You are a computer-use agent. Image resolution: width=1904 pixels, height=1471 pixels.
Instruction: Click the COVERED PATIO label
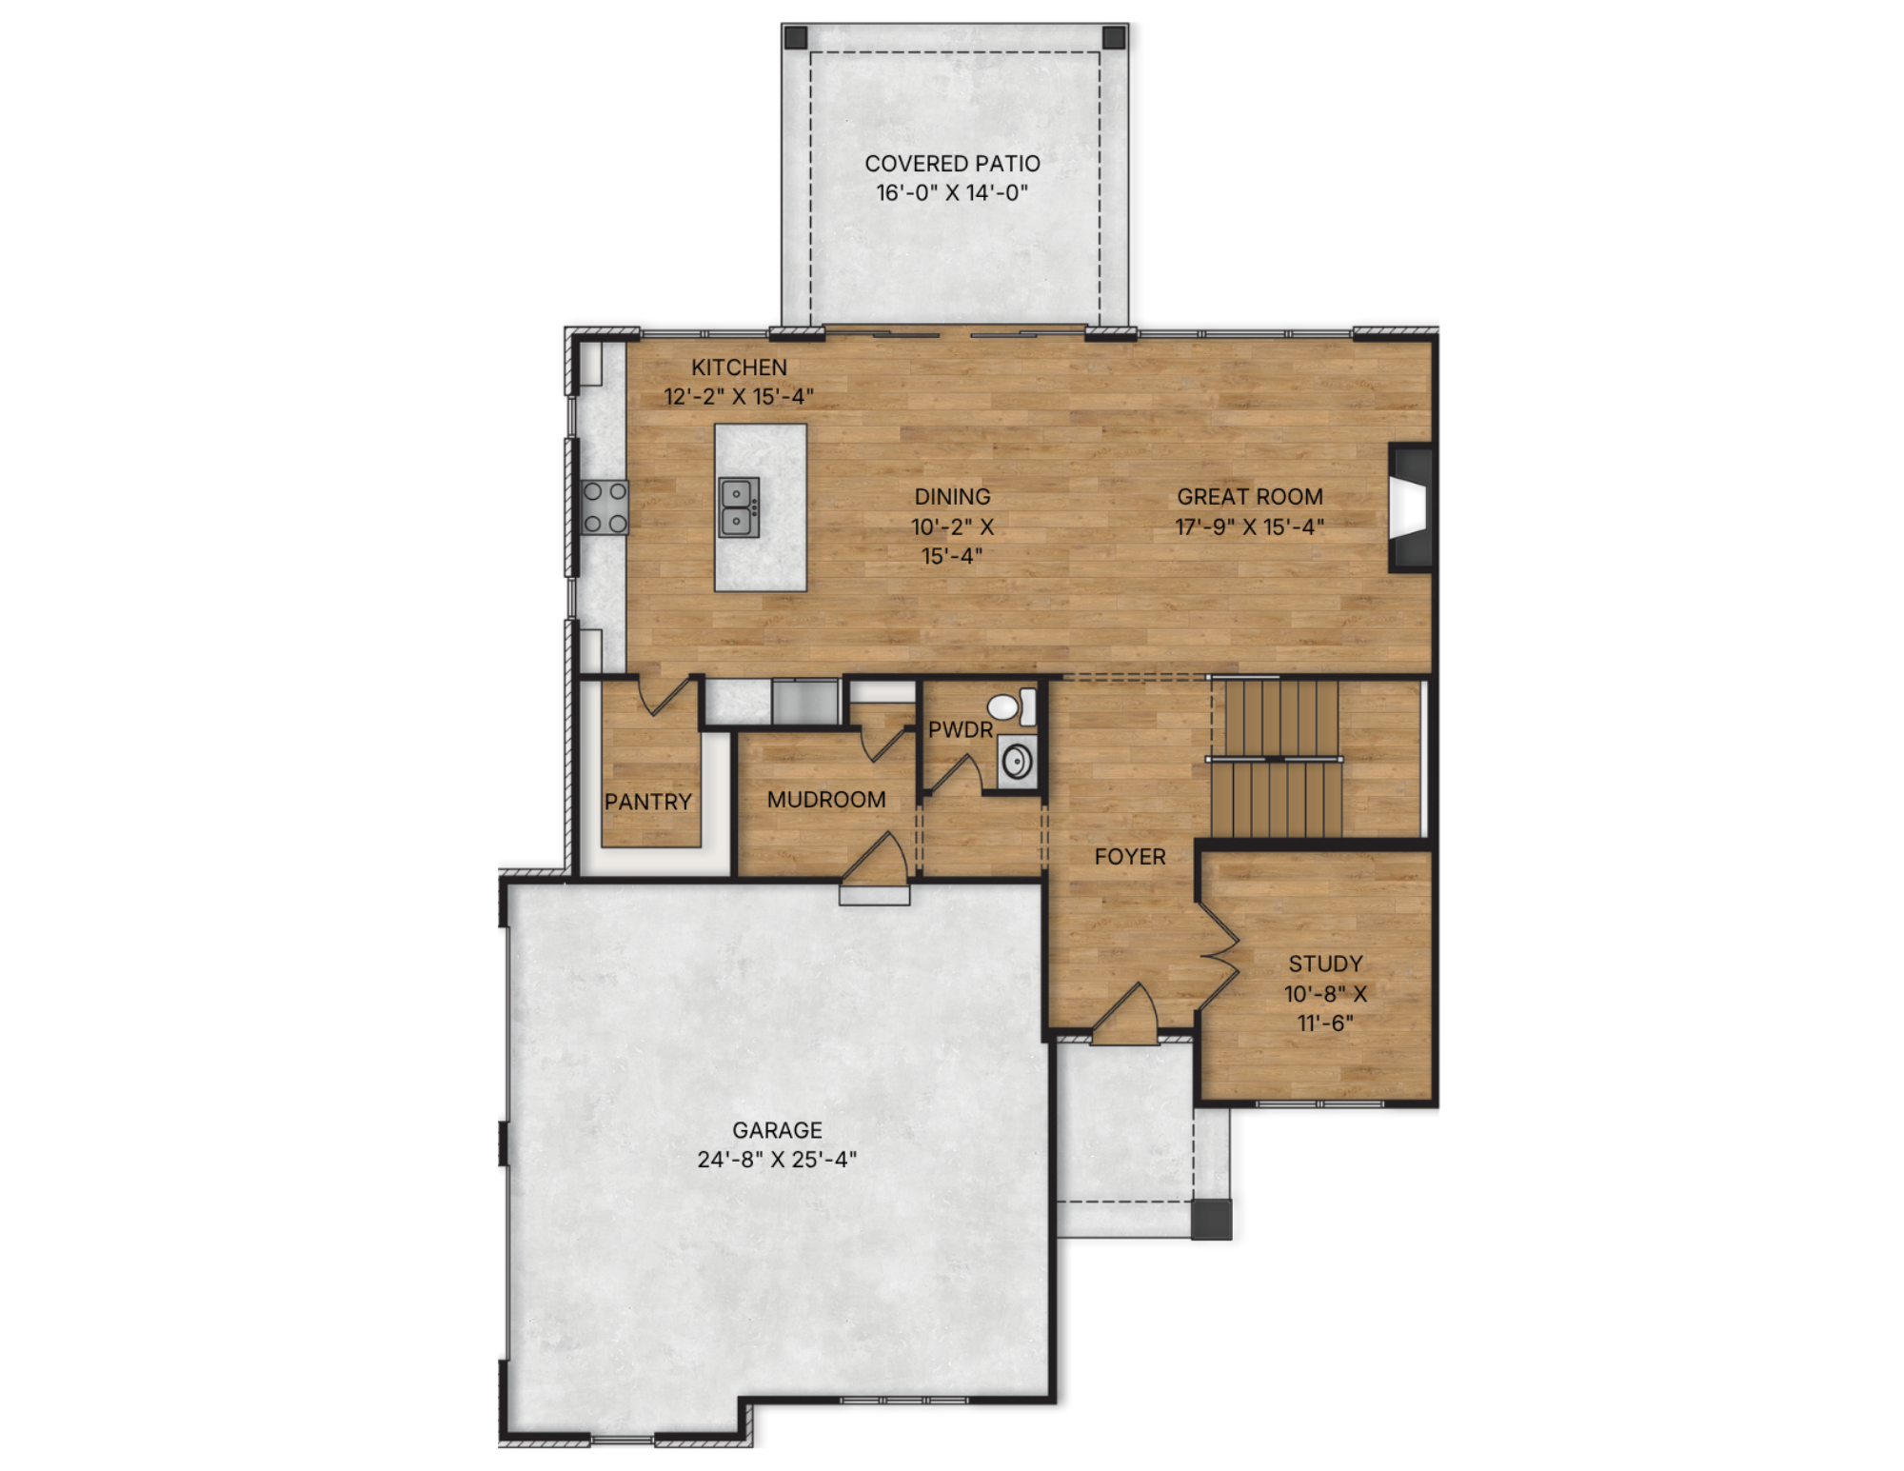pyautogui.click(x=952, y=163)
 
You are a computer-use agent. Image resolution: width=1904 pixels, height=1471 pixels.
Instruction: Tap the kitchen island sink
pyautogui.click(x=739, y=507)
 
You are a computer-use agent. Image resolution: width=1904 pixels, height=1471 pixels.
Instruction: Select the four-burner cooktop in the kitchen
pyautogui.click(x=605, y=507)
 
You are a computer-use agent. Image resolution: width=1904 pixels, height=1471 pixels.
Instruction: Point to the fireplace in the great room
pyautogui.click(x=1411, y=507)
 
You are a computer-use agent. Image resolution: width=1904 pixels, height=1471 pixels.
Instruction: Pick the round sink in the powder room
pyautogui.click(x=1017, y=763)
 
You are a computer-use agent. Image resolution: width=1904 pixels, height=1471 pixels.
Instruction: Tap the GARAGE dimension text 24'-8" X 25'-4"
pyautogui.click(x=777, y=1160)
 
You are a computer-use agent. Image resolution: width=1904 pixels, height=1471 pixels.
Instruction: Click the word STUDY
pyautogui.click(x=1325, y=964)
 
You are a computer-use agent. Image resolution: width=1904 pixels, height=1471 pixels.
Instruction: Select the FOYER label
pyautogui.click(x=1130, y=857)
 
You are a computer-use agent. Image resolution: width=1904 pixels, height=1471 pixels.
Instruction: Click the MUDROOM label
pyautogui.click(x=826, y=800)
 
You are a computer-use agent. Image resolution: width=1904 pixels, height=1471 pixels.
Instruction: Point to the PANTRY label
pyautogui.click(x=648, y=802)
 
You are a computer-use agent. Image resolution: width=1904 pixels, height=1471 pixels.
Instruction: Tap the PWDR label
pyautogui.click(x=961, y=730)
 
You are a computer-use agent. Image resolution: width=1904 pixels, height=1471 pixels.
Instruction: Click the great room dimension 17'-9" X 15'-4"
pyautogui.click(x=1249, y=527)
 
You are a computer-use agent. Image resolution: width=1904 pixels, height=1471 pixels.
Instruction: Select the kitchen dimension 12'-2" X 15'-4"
pyautogui.click(x=739, y=397)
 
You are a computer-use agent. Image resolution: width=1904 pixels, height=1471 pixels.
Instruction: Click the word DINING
pyautogui.click(x=952, y=497)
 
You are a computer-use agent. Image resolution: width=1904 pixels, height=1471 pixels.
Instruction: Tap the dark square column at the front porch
pyautogui.click(x=1212, y=1220)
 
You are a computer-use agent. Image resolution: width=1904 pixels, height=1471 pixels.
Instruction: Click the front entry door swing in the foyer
pyautogui.click(x=1125, y=1015)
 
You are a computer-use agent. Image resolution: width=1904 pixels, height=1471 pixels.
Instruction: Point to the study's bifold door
pyautogui.click(x=1218, y=956)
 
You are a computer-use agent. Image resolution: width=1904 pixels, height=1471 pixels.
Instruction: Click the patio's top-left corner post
pyautogui.click(x=795, y=38)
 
